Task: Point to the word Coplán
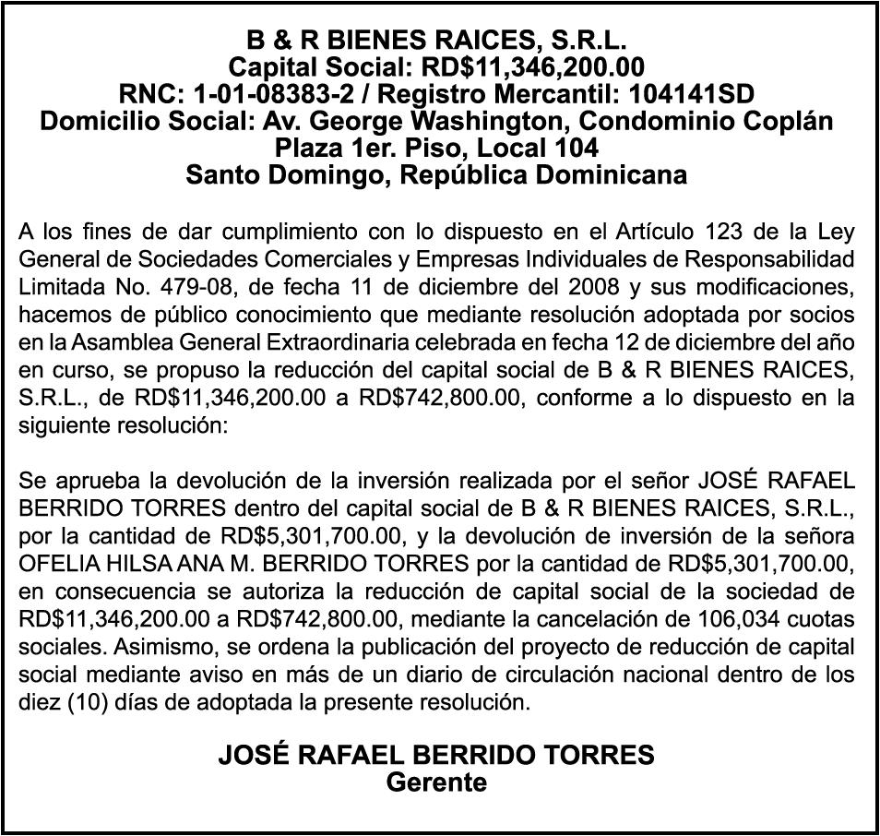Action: [x=788, y=120]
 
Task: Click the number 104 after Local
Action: [x=577, y=147]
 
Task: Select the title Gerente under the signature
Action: [x=436, y=782]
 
